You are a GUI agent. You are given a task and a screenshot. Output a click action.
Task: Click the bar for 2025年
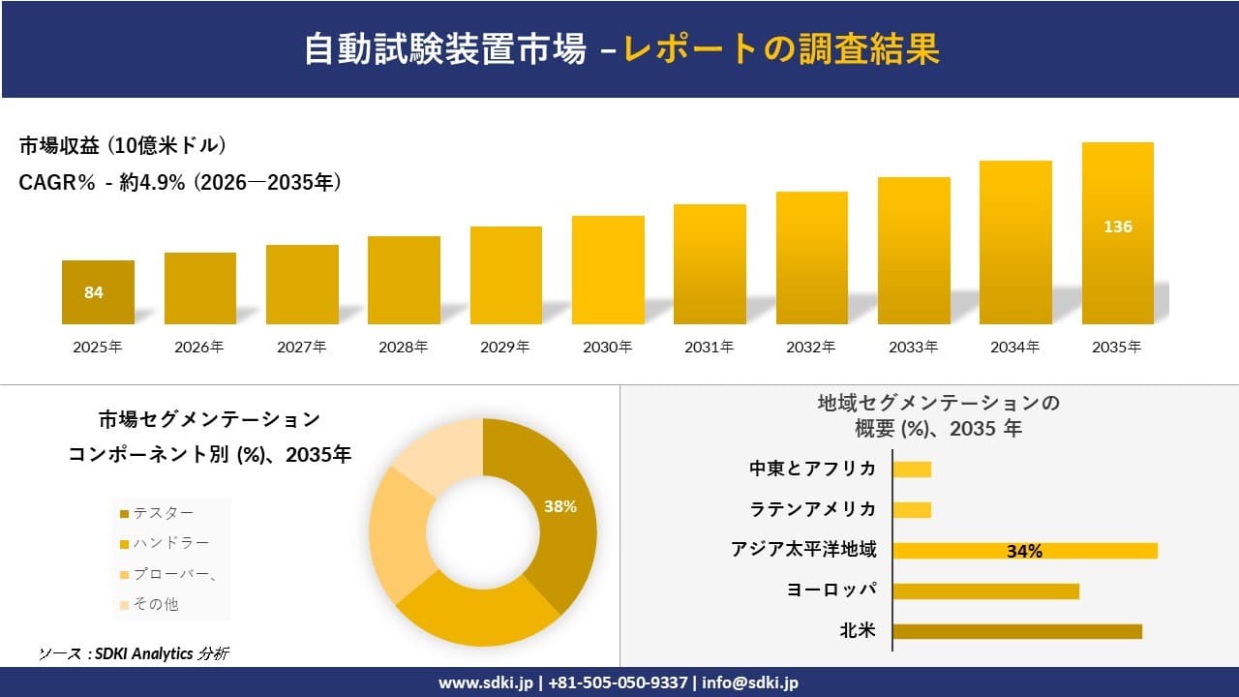point(98,292)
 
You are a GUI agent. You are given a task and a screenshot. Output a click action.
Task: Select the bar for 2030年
point(608,270)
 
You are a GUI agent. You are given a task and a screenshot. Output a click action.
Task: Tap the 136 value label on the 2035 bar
point(1117,227)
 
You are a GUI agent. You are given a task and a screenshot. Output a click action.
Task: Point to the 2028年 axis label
point(403,347)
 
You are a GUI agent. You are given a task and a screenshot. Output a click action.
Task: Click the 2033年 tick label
point(913,347)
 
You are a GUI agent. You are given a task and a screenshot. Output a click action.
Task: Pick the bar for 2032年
point(811,258)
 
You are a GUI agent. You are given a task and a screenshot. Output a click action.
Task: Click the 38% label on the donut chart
point(559,506)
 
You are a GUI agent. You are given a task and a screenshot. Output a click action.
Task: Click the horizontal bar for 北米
point(1016,631)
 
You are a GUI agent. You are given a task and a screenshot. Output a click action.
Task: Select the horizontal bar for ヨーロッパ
point(985,591)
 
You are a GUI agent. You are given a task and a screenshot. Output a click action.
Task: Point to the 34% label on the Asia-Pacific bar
point(1024,551)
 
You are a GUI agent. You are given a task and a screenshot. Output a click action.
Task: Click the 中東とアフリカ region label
point(812,469)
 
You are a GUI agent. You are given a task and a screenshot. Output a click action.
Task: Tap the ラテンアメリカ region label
point(812,509)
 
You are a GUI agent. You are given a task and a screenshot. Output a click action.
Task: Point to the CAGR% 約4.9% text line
point(180,183)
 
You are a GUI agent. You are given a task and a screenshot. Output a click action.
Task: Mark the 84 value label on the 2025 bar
point(94,292)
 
